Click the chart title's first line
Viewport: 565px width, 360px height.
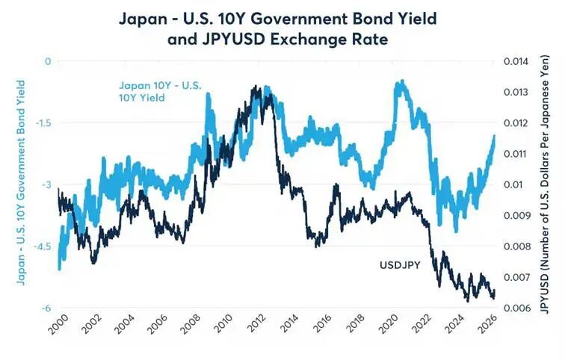point(282,16)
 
